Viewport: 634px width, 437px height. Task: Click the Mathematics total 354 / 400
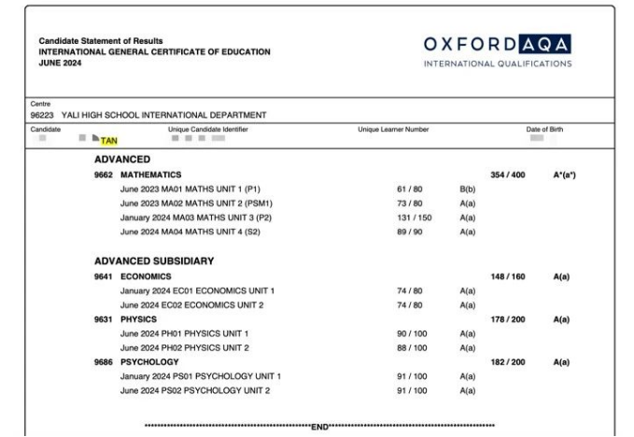(x=508, y=175)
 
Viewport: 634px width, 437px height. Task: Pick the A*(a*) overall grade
(x=562, y=175)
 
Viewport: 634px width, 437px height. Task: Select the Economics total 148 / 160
(x=508, y=276)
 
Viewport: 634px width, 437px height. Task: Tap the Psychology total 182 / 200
(x=508, y=361)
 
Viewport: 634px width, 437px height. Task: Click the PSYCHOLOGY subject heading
(x=150, y=361)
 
